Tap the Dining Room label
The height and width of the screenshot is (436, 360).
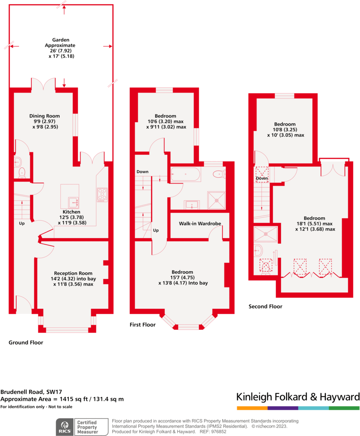tap(44, 116)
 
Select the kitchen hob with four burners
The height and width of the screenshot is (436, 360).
tap(102, 194)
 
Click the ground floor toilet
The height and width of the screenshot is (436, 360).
tap(22, 172)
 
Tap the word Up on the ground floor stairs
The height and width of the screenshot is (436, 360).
tap(22, 224)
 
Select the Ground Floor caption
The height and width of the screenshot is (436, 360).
tap(26, 343)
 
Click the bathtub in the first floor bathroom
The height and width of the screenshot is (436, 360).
tap(186, 174)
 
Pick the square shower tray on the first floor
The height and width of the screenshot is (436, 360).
tap(217, 199)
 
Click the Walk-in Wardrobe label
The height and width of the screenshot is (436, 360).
tap(199, 224)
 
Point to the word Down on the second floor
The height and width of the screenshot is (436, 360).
tap(262, 178)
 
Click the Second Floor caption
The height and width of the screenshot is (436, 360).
tap(265, 306)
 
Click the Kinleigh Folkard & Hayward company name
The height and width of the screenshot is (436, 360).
tap(297, 396)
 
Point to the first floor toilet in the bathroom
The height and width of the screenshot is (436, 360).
tap(218, 174)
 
